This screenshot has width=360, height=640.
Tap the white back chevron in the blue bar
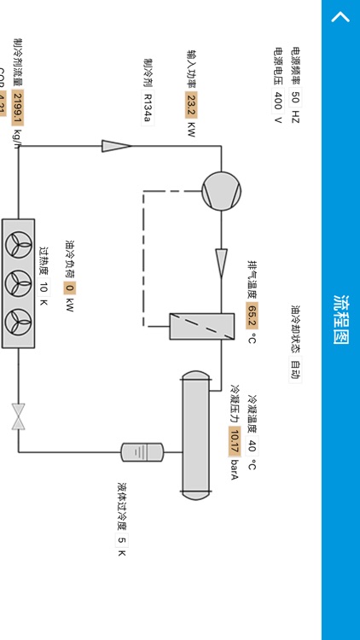point(340,18)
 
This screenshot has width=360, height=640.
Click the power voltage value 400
point(278,100)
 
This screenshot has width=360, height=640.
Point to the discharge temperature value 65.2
point(252,316)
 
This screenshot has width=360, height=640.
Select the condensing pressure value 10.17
point(234,441)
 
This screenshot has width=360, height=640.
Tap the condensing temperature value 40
point(252,445)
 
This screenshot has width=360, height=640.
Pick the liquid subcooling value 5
point(122,540)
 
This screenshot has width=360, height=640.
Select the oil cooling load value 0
point(70,288)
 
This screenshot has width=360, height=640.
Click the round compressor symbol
point(221,189)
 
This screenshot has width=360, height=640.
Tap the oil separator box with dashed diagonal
point(201,326)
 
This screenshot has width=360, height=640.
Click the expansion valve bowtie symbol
point(18,416)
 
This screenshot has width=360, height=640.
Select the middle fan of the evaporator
point(18,283)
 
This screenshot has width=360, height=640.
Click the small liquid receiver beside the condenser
point(142,451)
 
